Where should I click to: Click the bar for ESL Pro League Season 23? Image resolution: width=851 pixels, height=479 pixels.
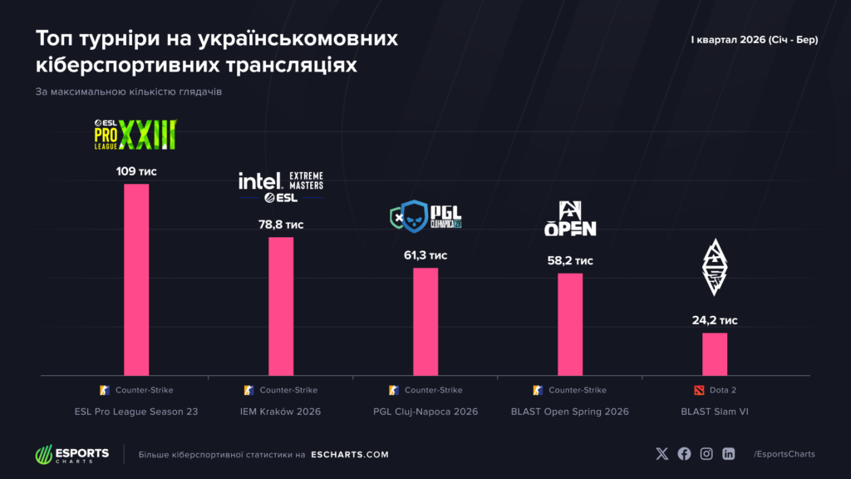coord(136,279)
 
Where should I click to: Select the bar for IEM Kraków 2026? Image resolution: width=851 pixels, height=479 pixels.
coord(281,306)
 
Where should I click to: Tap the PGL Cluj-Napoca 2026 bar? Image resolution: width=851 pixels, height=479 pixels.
coord(425,321)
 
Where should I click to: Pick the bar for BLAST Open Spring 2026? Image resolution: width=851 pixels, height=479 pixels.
coord(570,323)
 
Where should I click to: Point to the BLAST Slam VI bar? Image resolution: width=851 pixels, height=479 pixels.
coord(715,353)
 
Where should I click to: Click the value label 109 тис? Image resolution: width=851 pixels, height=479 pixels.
coord(136,171)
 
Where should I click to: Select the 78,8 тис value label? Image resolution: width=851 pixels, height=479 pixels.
coord(281,225)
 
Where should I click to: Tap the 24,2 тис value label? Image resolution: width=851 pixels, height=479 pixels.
coord(715,320)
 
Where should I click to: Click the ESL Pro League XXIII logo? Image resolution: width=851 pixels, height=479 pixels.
coord(135,134)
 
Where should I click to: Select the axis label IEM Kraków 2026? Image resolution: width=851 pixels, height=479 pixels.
coord(281,412)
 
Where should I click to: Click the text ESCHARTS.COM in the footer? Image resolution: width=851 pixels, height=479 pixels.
coord(349,455)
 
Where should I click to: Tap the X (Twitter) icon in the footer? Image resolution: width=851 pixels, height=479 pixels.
coord(662,454)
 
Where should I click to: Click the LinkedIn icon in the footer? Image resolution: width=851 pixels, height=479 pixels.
coord(729,454)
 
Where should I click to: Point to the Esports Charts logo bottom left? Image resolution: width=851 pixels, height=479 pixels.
coord(71,455)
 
